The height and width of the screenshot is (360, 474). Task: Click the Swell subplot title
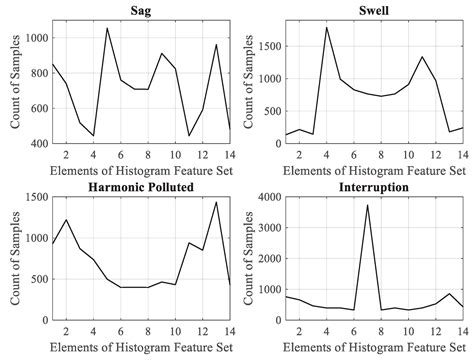coord(369,10)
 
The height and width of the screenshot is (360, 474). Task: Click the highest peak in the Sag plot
coord(107,28)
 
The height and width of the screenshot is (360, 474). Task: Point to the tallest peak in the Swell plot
coord(327,27)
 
